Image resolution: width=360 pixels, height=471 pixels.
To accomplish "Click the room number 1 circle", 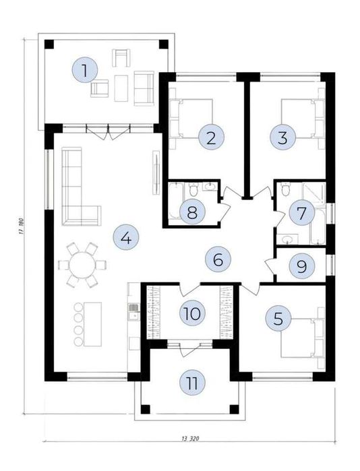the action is (x=85, y=71).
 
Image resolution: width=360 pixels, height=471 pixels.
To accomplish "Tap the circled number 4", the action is (x=126, y=239).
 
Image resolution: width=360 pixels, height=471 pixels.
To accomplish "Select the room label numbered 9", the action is (x=302, y=266).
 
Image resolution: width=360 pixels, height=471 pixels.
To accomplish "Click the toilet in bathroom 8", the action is (x=193, y=189).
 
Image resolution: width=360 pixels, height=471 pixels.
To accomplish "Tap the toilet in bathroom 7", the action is (x=285, y=189).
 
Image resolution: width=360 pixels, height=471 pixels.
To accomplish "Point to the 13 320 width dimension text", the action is (x=190, y=439).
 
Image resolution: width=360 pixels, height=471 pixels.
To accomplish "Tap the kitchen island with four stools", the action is (x=92, y=324).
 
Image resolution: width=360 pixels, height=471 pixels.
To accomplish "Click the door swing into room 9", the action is (x=270, y=266).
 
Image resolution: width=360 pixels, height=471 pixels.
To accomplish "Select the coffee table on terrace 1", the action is (x=121, y=88).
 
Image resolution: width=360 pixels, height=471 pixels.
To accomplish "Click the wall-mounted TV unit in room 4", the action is (x=156, y=172).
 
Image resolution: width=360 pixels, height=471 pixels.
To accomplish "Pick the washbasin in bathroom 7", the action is (x=289, y=239).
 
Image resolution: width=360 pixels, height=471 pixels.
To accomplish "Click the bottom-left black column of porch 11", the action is (x=145, y=410).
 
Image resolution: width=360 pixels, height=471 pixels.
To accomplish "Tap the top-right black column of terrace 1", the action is (x=164, y=44).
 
